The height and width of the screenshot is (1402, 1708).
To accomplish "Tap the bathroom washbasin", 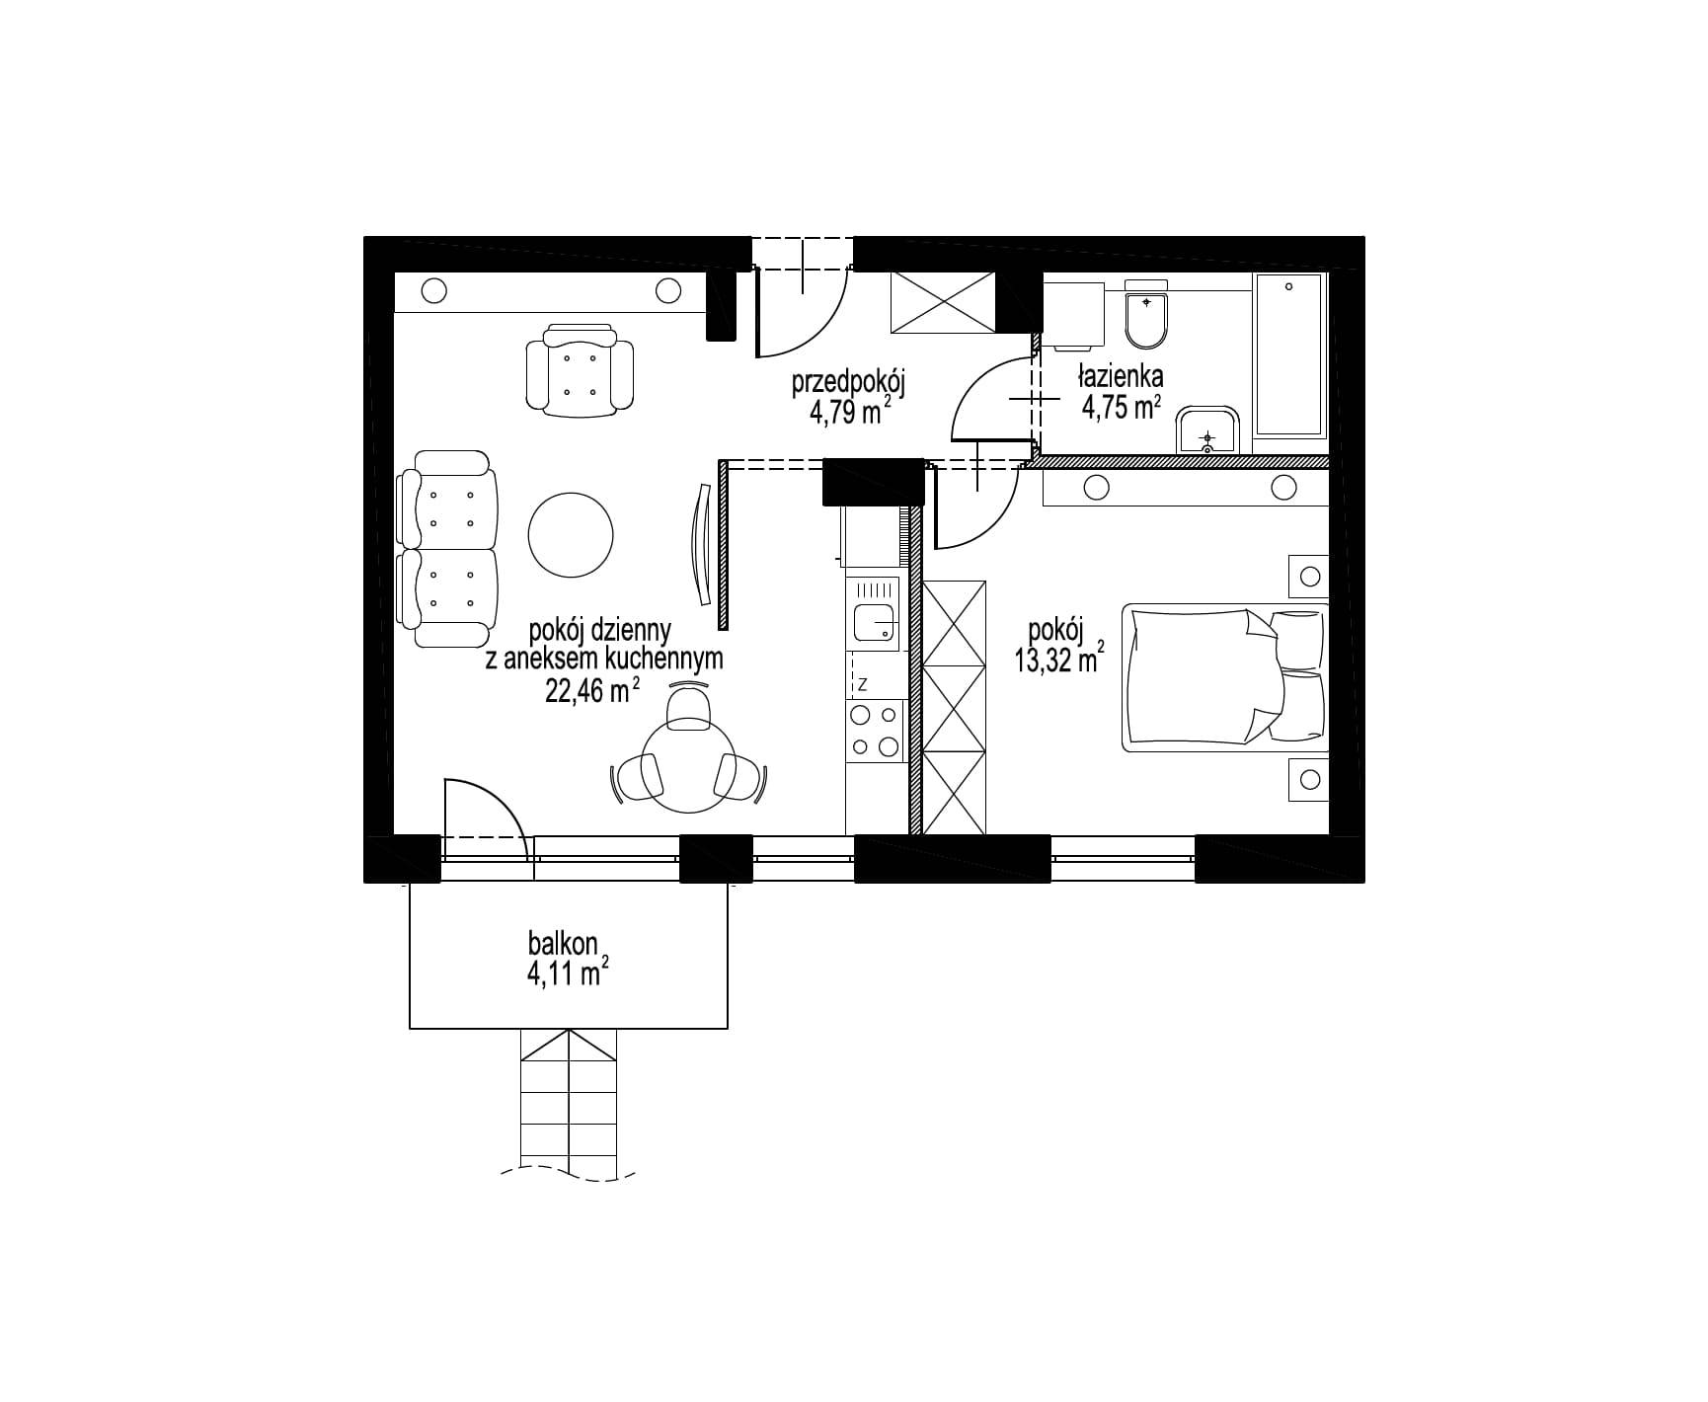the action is click(1206, 429).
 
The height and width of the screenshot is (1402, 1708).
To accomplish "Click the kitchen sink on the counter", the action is click(873, 614).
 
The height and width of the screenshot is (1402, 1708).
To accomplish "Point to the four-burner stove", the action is click(875, 731).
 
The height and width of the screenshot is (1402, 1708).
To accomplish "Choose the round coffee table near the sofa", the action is click(571, 536).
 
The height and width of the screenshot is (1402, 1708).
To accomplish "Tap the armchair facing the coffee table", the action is click(580, 367).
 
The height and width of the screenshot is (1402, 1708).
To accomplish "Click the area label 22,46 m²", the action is click(593, 690).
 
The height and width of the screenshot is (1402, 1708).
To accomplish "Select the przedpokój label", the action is click(848, 383).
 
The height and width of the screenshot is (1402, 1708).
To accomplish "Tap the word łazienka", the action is click(1121, 376).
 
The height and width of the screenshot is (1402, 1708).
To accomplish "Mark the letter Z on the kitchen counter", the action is click(862, 683).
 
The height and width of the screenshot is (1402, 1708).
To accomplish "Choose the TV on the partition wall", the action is click(704, 545).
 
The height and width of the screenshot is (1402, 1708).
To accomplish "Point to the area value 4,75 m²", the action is click(1121, 407).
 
